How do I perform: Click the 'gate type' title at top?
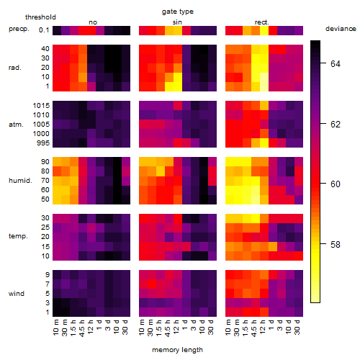tap(178, 12)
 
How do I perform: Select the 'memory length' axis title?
tap(177, 350)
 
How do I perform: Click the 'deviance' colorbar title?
tap(341, 29)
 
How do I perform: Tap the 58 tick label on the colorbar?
tap(336, 245)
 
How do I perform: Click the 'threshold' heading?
tap(40, 17)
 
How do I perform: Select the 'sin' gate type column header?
tap(177, 22)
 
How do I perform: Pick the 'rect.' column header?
tap(262, 22)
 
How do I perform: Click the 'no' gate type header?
tap(93, 22)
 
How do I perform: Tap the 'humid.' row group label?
tap(20, 181)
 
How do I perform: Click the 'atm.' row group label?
tap(16, 125)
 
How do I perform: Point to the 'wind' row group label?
tap(17, 294)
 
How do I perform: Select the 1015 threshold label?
tap(41, 106)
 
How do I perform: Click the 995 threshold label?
tap(43, 143)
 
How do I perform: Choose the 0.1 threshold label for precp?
tap(44, 30)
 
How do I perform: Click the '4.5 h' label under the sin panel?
tap(168, 328)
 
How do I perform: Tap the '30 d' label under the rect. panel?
tap(297, 327)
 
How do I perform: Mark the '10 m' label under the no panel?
tap(56, 328)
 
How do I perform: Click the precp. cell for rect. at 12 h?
tap(264, 30)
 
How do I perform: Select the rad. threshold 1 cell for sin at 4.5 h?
tap(169, 86)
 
